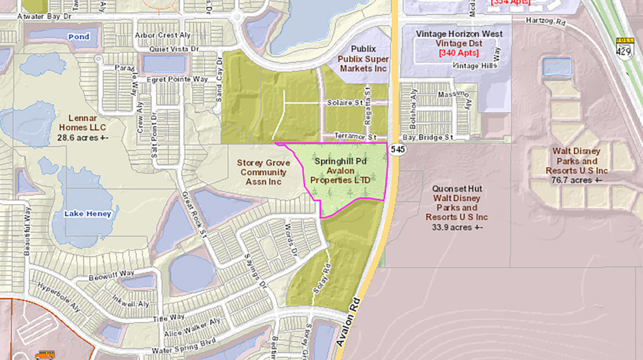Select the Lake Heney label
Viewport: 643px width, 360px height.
[88, 214]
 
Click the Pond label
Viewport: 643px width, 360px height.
[79, 36]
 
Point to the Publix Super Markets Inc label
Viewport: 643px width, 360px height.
[364, 63]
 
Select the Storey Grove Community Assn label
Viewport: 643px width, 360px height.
[262, 172]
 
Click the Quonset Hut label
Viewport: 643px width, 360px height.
[456, 188]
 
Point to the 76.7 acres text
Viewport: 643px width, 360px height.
[576, 180]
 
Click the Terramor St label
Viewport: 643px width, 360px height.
[355, 136]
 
